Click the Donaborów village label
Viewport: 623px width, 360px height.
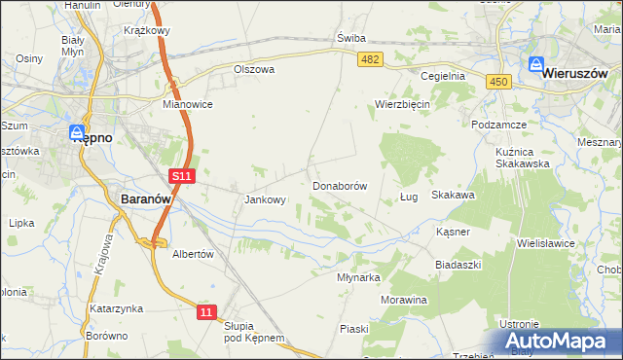pos(339,185)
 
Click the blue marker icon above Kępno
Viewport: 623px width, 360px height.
pos(78,130)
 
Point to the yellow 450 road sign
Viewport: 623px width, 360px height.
pos(499,83)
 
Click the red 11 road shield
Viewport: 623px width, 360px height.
pos(205,311)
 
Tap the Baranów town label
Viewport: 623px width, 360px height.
pos(146,198)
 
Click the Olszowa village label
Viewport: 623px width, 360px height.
pos(254,70)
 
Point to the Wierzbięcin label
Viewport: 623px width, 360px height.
pos(403,104)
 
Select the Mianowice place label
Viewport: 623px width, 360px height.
pos(188,104)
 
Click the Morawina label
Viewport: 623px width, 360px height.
pos(404,300)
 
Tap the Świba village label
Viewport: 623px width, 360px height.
pos(350,38)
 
